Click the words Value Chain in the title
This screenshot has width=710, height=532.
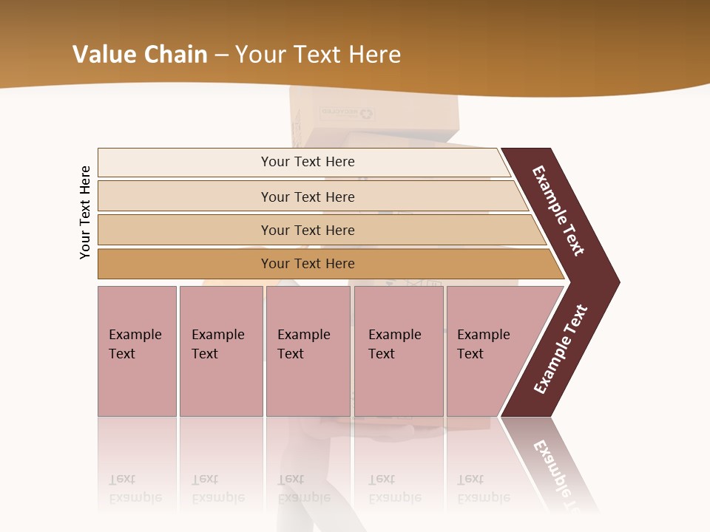140,55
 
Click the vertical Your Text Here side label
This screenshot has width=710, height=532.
85,212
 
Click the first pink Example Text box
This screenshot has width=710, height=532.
137,351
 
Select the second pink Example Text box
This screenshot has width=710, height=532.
220,351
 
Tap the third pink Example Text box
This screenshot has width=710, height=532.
308,351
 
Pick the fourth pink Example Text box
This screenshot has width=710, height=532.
399,351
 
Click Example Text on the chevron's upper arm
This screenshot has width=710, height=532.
558,211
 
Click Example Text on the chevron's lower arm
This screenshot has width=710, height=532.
561,349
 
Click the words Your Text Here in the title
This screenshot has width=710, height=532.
318,55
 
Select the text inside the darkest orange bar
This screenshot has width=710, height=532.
308,264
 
